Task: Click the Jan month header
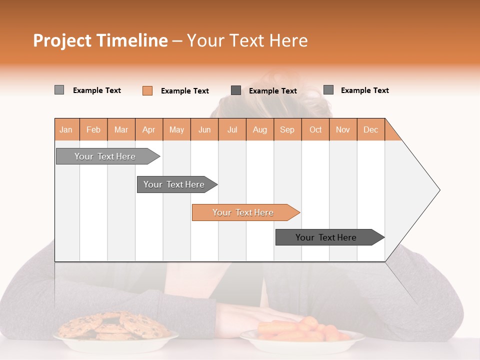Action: pos(66,129)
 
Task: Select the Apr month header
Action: pos(148,129)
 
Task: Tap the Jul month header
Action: pos(232,129)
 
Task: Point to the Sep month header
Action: pos(287,129)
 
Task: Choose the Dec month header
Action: pos(370,129)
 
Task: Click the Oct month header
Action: pos(315,129)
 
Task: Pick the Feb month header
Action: pos(93,129)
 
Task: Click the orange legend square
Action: pos(147,90)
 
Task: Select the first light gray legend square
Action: pos(59,90)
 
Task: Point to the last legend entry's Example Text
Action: pos(364,90)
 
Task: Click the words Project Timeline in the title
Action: pos(100,40)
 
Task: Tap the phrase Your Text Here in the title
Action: pos(247,40)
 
